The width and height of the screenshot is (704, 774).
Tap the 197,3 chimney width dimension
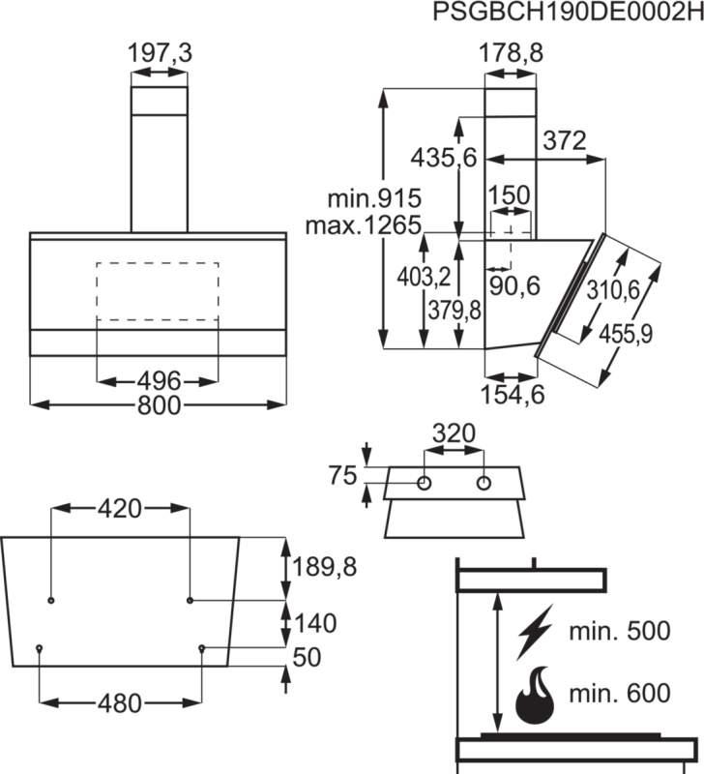pos(161,54)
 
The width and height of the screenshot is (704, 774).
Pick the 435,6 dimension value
pos(444,157)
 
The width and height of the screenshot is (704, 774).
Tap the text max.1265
pos(364,226)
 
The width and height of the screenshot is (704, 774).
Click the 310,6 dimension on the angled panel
pos(615,289)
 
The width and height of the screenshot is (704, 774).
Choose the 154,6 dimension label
pos(513,394)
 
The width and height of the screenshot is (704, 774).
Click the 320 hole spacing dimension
pos(454,433)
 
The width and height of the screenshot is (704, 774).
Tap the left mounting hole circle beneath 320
pos(425,482)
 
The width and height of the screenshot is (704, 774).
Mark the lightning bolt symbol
pos(534,634)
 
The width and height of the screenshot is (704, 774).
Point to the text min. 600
pos(619,693)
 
